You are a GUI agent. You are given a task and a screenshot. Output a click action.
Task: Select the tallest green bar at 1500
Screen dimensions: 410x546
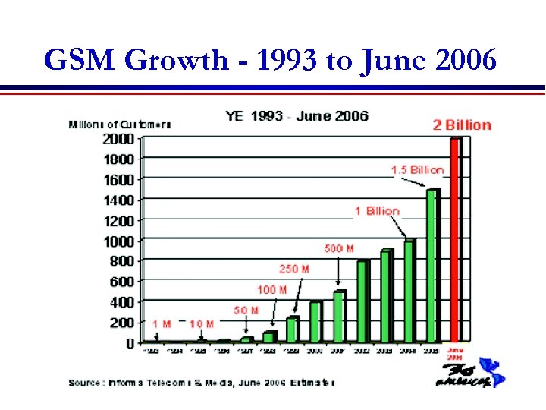click(432, 266)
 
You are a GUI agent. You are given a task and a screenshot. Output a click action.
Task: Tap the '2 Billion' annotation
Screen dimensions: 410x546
click(462, 125)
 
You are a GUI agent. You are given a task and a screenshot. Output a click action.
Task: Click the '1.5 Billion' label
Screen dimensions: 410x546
click(417, 169)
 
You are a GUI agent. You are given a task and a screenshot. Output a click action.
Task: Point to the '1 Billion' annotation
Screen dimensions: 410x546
click(376, 210)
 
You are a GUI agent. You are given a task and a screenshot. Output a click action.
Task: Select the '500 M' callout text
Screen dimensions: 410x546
click(339, 248)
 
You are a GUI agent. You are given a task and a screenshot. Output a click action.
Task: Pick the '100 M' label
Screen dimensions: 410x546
click(271, 289)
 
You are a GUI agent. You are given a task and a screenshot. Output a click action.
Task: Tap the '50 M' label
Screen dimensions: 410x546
click(246, 310)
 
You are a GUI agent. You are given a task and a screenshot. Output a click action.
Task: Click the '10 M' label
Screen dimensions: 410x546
click(201, 324)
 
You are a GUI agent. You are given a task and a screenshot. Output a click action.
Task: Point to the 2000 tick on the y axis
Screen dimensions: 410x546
click(118, 139)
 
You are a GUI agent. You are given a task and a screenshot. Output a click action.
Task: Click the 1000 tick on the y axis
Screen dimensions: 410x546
click(118, 241)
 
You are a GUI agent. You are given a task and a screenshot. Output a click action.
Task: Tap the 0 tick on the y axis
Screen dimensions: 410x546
click(130, 343)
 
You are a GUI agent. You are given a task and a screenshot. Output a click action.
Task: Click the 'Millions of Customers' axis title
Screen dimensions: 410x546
click(120, 124)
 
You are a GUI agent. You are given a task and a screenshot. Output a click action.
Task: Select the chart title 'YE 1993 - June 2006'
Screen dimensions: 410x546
click(297, 116)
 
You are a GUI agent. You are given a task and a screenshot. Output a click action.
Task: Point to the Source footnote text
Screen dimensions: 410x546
click(202, 382)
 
